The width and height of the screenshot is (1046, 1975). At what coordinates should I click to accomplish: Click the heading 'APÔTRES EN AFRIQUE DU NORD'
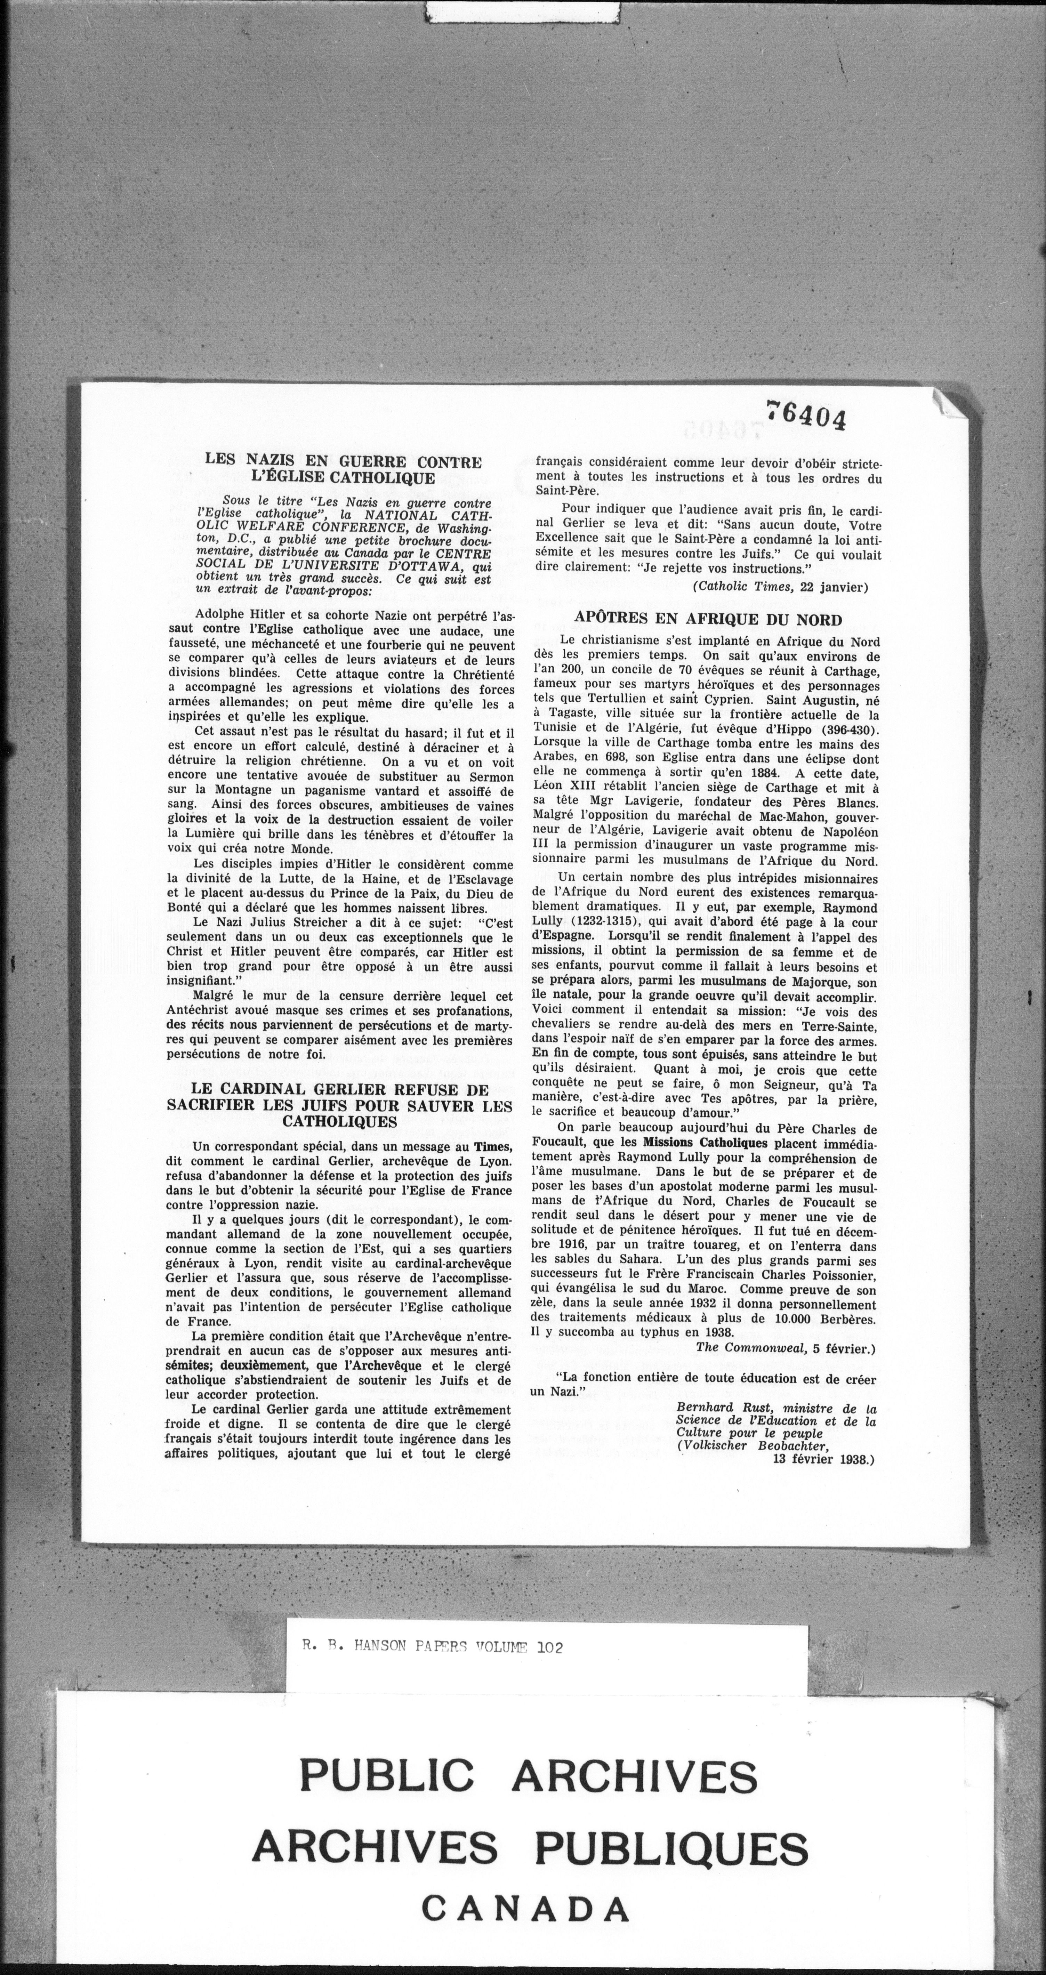point(708,620)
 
